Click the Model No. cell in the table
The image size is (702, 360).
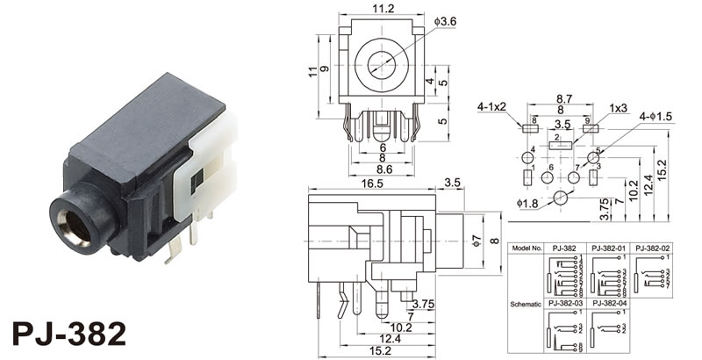(526, 248)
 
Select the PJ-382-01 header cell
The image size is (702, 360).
(608, 248)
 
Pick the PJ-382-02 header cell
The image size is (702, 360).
(653, 248)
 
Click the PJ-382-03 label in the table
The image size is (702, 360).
(564, 303)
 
